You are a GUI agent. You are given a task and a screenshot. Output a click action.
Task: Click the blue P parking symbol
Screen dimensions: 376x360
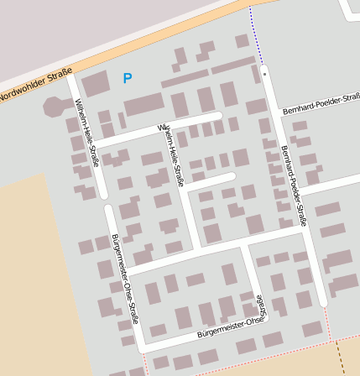(x=127, y=78)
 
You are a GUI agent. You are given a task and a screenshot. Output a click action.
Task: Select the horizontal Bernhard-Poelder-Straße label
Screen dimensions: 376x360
(x=321, y=104)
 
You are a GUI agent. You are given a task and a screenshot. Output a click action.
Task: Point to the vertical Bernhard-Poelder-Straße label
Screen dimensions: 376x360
(x=294, y=185)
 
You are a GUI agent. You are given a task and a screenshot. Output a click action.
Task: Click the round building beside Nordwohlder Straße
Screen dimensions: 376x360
(x=54, y=107)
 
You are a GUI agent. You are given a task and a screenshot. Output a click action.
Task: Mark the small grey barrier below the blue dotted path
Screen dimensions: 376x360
(x=264, y=74)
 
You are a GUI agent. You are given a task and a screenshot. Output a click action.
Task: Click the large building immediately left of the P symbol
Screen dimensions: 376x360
(x=95, y=84)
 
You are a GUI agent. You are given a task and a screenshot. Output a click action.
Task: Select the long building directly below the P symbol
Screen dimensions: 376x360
(x=143, y=105)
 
